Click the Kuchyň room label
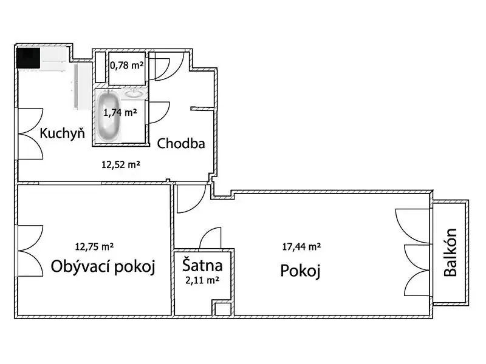point(63,133)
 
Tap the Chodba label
point(181,144)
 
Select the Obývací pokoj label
point(103,266)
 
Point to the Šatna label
point(202,265)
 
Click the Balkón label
point(450,252)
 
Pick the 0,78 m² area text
point(127,66)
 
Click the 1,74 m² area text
point(120,112)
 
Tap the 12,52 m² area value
point(121,164)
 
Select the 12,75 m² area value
point(94,247)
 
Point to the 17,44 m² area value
point(301,247)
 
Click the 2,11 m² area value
point(202,280)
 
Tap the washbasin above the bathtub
point(134,93)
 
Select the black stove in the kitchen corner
point(28,58)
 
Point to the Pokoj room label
point(300,271)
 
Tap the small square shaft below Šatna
point(223,309)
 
